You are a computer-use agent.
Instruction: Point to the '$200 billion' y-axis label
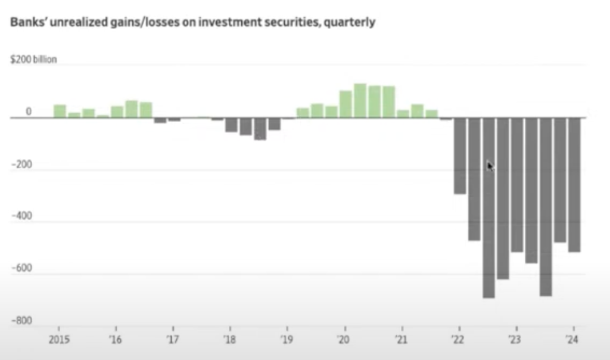click(x=34, y=60)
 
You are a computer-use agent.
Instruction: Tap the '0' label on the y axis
click(x=28, y=111)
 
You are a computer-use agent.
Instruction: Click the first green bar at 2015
click(x=60, y=111)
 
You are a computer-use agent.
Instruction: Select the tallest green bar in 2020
click(x=360, y=101)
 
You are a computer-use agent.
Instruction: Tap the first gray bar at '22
click(x=460, y=156)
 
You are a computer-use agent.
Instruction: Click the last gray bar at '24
click(x=574, y=185)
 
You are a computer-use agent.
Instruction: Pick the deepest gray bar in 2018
click(x=260, y=129)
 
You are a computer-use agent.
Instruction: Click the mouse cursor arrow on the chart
click(x=490, y=166)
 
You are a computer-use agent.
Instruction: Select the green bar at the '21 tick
click(x=403, y=114)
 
